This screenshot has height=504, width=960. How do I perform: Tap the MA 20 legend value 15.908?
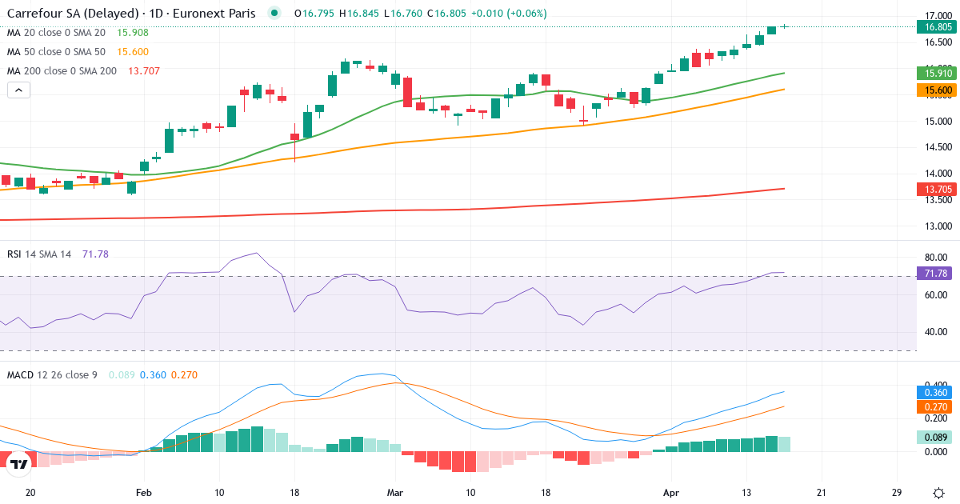pos(133,33)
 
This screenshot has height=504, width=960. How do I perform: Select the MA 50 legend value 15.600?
pos(133,52)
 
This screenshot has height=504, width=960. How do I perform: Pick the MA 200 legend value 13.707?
pos(143,71)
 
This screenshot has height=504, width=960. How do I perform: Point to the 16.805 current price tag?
pos(938,26)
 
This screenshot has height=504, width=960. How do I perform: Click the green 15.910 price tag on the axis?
pos(938,73)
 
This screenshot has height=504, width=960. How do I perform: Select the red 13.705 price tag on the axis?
pos(938,189)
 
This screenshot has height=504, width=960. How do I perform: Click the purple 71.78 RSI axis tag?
pos(938,274)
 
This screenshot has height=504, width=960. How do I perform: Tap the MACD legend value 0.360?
pos(153,375)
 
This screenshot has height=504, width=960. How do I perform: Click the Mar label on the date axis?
pos(394,492)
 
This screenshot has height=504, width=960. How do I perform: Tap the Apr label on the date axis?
pos(671,492)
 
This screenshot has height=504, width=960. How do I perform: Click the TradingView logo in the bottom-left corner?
pos(19,463)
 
